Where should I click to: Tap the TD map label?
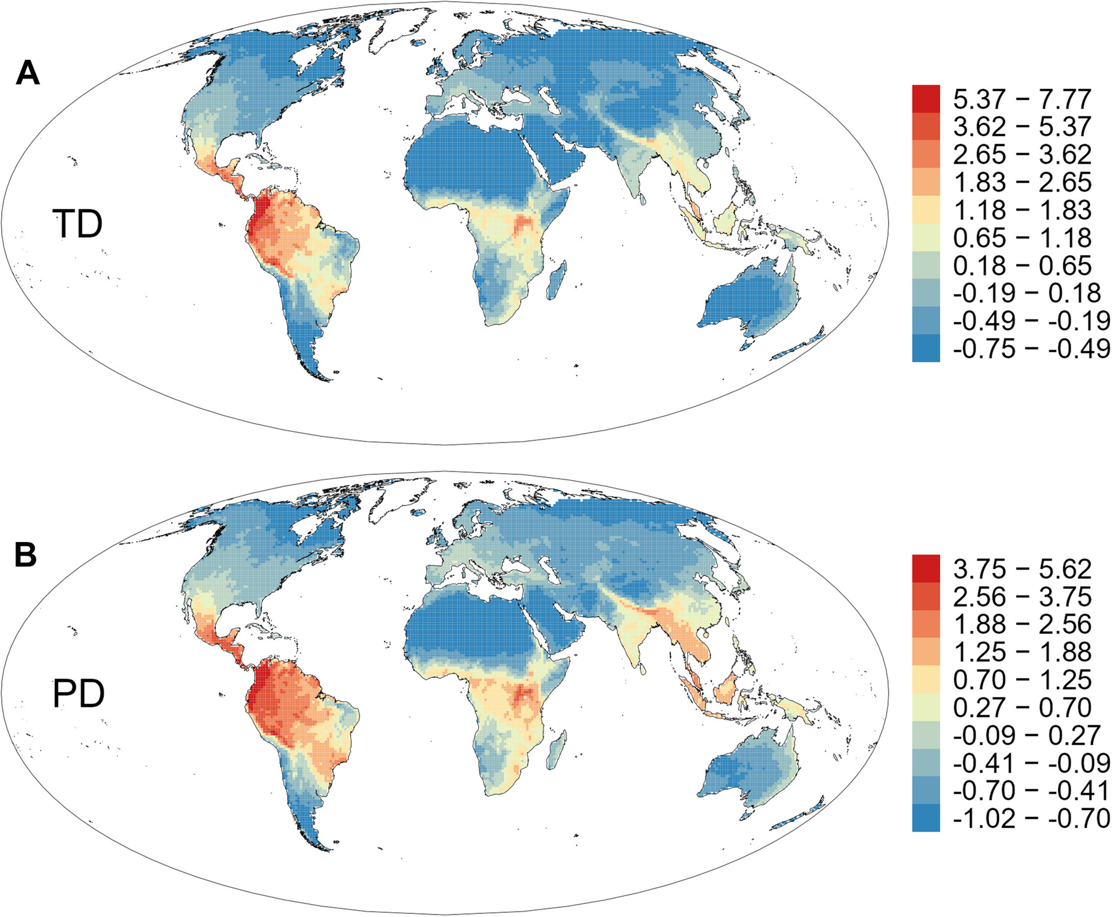click(x=77, y=224)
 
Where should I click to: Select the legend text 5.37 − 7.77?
click(x=1022, y=99)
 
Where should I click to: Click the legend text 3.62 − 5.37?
click(x=1022, y=127)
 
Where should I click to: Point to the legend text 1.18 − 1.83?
click(x=1022, y=210)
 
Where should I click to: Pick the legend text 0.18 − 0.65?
click(x=1022, y=266)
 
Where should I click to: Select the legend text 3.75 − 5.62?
click(x=1022, y=568)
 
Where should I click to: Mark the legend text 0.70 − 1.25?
click(x=1022, y=680)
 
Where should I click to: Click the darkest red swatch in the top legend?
click(x=925, y=99)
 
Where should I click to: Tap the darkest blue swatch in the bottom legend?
click(x=925, y=819)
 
